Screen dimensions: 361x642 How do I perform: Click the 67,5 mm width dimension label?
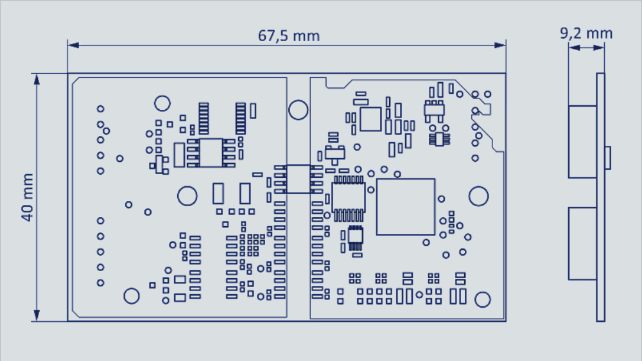coord(289,36)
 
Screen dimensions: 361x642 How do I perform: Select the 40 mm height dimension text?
coord(27,197)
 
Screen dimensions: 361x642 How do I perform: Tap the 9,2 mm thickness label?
coord(586,33)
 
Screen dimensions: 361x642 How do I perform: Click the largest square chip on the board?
coord(406,207)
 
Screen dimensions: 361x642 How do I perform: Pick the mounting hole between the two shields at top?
coord(298,110)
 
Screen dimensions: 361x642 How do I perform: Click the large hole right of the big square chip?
coord(478,196)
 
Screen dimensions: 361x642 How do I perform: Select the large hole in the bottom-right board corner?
coord(483,299)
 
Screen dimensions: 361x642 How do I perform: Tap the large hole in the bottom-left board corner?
coord(132,295)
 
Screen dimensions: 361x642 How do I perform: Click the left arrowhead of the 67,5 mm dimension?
coord(73,45)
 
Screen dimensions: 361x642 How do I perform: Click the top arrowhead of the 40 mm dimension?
coord(37,79)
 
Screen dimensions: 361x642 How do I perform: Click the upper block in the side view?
coord(582,141)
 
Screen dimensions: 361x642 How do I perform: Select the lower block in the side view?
coord(582,243)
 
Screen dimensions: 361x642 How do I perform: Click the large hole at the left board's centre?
coord(187,196)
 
